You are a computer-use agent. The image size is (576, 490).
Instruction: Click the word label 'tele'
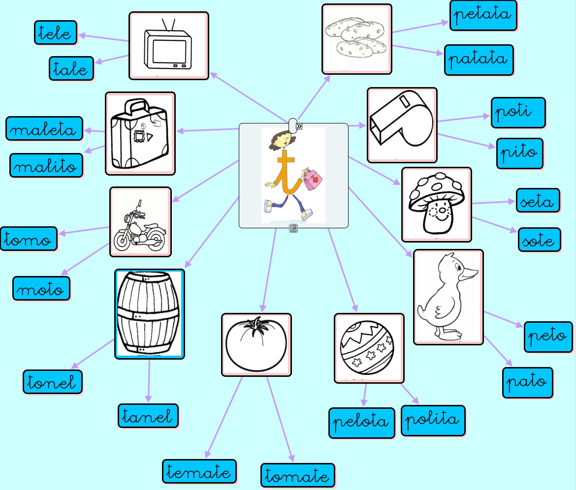pos(56,32)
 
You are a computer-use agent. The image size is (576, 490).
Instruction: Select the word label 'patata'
pos(479,60)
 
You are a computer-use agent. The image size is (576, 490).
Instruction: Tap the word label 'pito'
pos(519,153)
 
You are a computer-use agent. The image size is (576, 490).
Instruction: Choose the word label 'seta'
pos(538,200)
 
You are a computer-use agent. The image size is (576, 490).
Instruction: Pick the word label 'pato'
pos(527,382)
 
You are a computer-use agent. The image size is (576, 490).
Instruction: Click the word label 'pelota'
pos(361,423)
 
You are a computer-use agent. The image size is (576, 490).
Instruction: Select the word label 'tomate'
pos(297,475)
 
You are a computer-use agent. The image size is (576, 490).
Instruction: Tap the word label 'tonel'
pos(52,382)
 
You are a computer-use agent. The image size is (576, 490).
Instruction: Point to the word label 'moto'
pos(41,288)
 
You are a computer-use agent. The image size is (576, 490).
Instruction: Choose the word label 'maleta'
pos(44,128)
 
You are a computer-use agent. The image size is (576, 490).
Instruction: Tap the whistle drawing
pos(402,125)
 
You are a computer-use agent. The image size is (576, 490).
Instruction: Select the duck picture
pos(448,297)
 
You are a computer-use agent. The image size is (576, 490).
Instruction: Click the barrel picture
pos(149,314)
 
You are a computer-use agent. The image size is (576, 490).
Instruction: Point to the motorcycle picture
pos(140,222)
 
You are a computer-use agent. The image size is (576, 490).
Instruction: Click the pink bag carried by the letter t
pos(312,181)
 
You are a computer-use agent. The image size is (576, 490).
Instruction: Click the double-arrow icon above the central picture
pos(298,126)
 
